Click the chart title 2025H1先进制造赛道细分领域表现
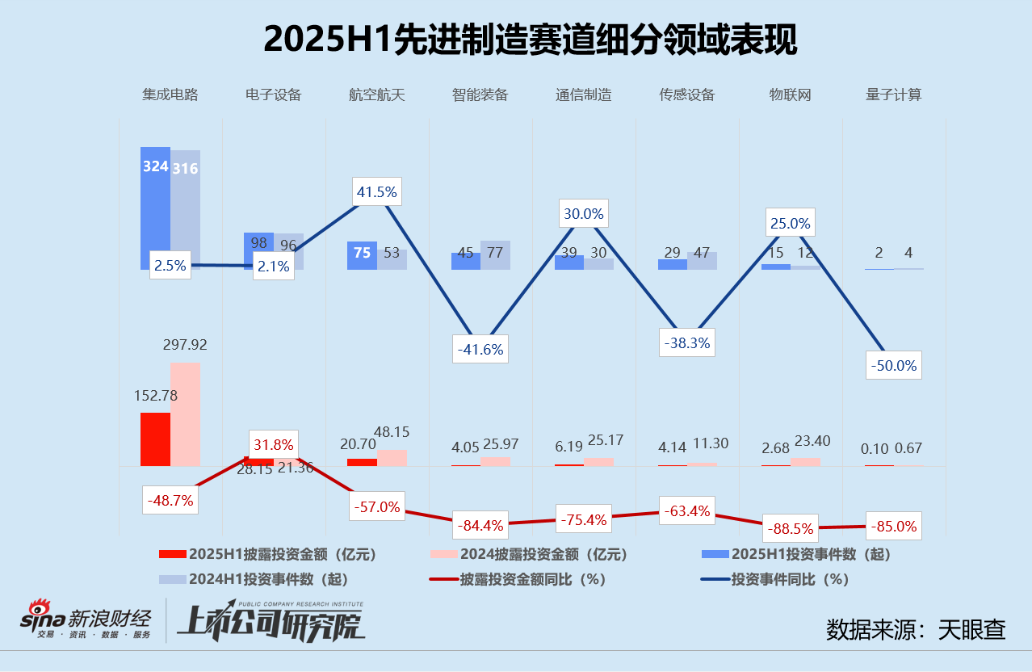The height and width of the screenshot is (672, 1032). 530,40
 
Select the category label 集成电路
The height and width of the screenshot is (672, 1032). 170,94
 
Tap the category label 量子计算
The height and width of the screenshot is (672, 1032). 894,94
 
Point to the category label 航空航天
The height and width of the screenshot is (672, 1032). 377,94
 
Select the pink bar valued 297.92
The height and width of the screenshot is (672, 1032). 185,414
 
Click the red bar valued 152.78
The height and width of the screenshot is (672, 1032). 155,439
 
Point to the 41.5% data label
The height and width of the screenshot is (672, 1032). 376,192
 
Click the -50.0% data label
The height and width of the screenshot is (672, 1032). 894,365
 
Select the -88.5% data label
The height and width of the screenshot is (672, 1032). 791,529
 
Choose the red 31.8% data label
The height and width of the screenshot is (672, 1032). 274,444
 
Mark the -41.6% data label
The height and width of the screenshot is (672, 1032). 480,349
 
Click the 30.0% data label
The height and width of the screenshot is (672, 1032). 582,213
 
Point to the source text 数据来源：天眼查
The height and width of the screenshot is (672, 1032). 916,629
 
